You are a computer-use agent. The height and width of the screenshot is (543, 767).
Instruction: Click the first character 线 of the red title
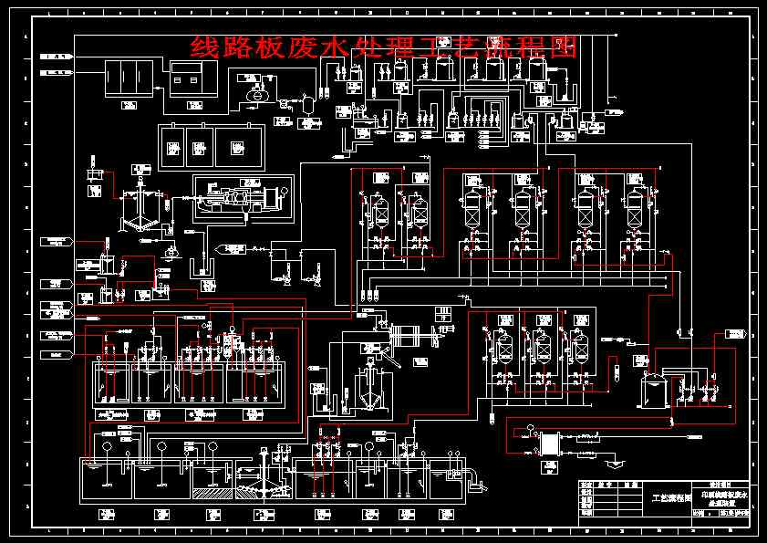[203, 47]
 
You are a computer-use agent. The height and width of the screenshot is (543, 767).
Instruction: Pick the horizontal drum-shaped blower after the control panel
[256, 91]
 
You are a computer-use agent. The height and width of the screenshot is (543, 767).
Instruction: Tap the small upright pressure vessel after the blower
[307, 100]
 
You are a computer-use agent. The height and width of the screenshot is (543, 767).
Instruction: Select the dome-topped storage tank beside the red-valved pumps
[653, 391]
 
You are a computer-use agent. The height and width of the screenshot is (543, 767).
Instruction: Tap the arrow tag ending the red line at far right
[729, 335]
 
